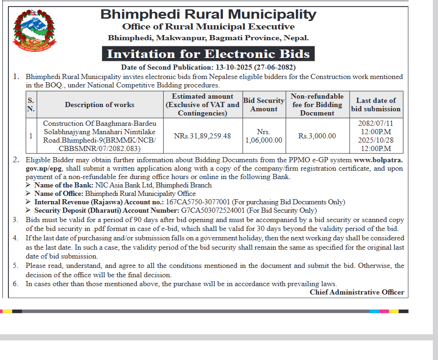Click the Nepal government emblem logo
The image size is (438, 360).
pyautogui.click(x=34, y=30)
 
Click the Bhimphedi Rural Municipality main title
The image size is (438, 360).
pyautogui.click(x=208, y=14)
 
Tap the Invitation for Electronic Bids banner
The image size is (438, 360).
pyautogui.click(x=208, y=54)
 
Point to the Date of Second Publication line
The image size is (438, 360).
pyautogui.click(x=208, y=67)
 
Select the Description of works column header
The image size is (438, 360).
pyautogui.click(x=100, y=105)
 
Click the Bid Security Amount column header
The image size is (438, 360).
pyautogui.click(x=264, y=105)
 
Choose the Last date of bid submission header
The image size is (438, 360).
pyautogui.click(x=376, y=105)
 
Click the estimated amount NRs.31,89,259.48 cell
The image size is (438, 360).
pyautogui.click(x=202, y=136)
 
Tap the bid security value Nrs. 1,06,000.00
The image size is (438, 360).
pyautogui.click(x=264, y=136)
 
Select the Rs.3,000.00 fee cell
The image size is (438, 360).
pyautogui.click(x=317, y=136)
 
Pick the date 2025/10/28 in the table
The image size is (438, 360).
pyautogui.click(x=376, y=140)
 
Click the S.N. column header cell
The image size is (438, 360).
pyautogui.click(x=31, y=105)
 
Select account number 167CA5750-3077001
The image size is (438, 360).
pyautogui.click(x=198, y=202)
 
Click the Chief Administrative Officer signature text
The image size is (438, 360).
pyautogui.click(x=357, y=292)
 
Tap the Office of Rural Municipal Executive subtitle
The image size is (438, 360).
pyautogui.click(x=208, y=27)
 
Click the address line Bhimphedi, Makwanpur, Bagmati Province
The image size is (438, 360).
pyautogui.click(x=208, y=38)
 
